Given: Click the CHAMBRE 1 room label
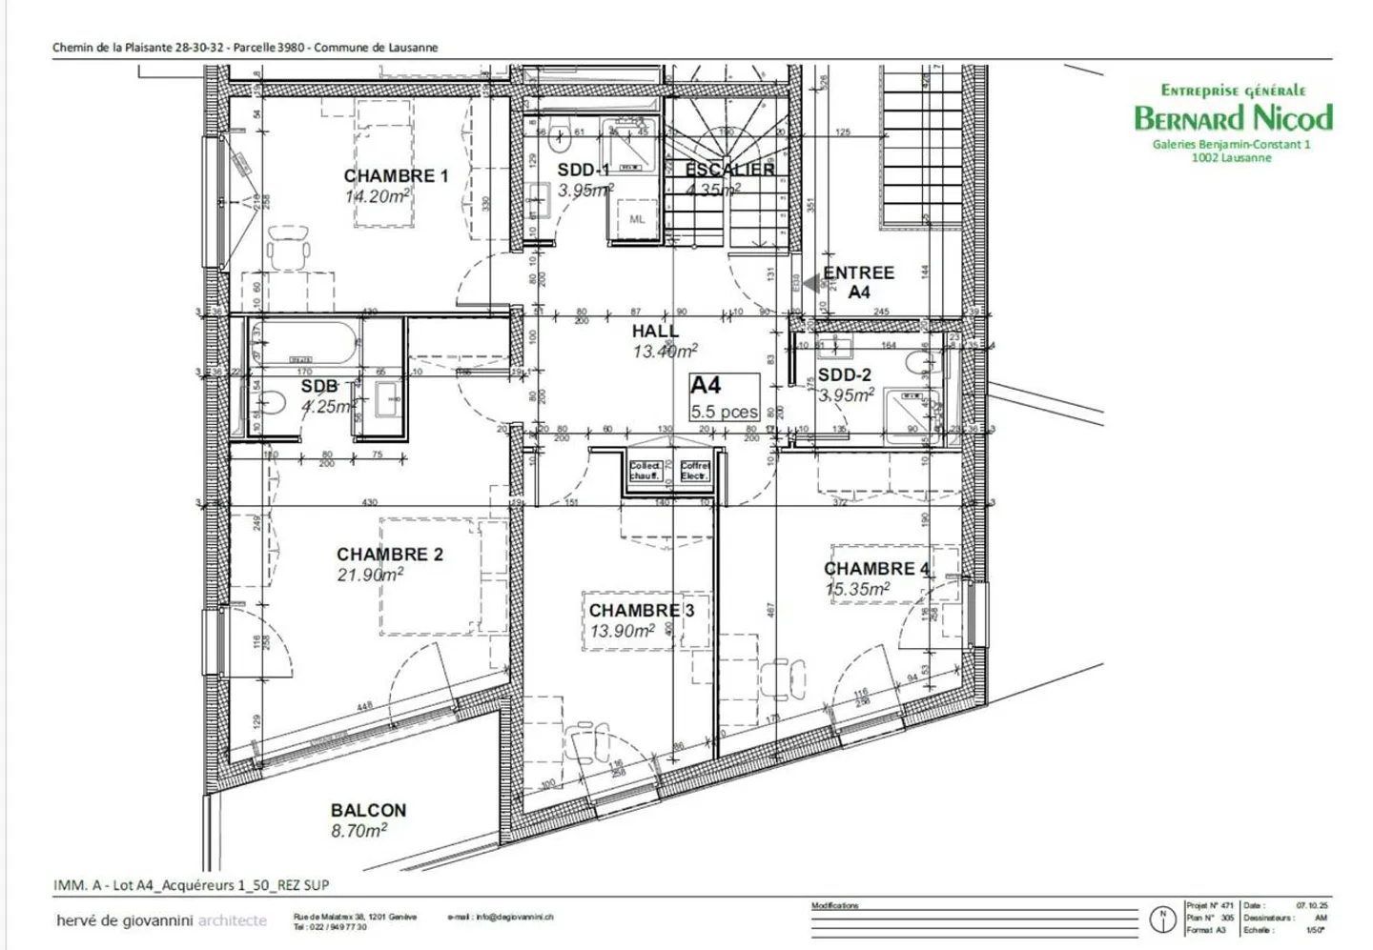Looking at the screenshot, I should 396,176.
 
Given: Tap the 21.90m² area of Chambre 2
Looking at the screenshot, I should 369,576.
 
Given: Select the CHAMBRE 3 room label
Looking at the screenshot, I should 641,611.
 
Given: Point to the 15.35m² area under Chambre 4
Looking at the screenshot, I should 856,590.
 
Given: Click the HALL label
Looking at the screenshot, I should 655,332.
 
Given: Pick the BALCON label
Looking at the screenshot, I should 368,811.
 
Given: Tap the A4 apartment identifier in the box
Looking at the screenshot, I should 706,386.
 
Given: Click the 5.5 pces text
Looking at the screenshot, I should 725,413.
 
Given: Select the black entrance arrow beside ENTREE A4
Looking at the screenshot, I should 811,283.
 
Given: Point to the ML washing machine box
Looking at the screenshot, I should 637,219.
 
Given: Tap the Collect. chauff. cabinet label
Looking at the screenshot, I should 646,471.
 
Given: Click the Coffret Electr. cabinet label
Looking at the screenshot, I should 695,471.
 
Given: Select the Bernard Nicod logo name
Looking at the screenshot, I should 1233,118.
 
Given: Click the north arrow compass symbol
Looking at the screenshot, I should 1161,920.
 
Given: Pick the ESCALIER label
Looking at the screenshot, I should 729,170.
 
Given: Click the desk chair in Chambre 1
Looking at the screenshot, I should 289,250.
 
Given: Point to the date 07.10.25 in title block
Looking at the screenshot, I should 1311,906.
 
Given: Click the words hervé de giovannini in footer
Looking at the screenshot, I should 125,920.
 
